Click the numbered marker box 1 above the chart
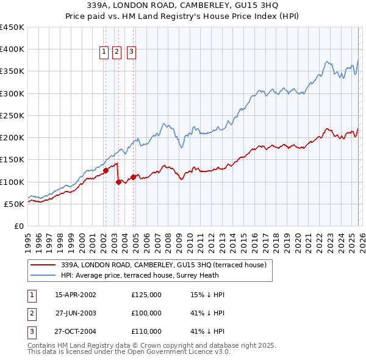105,52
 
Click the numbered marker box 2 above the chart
118,52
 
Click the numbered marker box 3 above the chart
132,52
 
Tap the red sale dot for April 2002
106,171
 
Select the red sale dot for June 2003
118,182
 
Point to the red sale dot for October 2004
133,178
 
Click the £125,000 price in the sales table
146,295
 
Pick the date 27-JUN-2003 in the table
75,313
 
